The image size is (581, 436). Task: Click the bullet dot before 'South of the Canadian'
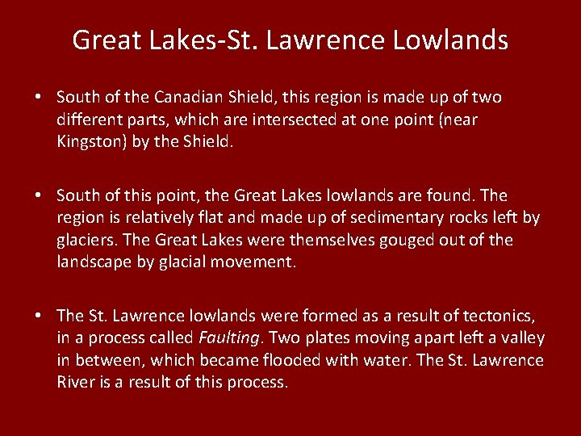point(38,98)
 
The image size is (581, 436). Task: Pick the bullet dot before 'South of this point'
point(38,196)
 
